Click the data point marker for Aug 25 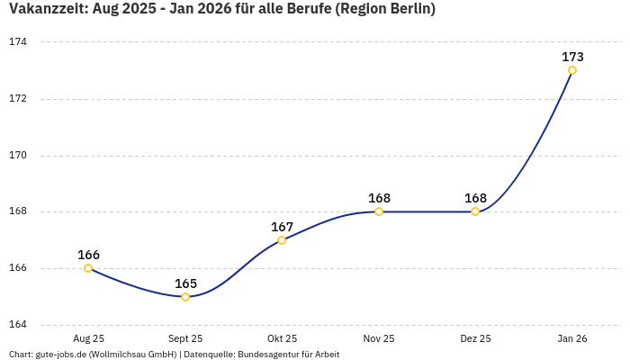[x=88, y=268]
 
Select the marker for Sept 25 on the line [x=185, y=296]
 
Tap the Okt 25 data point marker [x=282, y=240]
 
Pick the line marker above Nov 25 [x=379, y=211]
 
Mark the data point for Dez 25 [x=475, y=211]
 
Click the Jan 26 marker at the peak [x=572, y=70]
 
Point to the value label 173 [x=572, y=57]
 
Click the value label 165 [x=185, y=283]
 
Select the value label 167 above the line [x=282, y=227]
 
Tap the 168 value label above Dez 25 [x=475, y=198]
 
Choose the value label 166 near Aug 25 [x=88, y=255]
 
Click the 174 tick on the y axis [x=18, y=42]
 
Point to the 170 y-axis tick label [x=18, y=155]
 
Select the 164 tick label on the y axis [x=18, y=324]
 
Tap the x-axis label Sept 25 [x=185, y=339]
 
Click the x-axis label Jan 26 [x=572, y=339]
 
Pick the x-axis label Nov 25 [x=379, y=339]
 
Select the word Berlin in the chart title [x=410, y=10]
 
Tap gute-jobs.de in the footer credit [x=60, y=355]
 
